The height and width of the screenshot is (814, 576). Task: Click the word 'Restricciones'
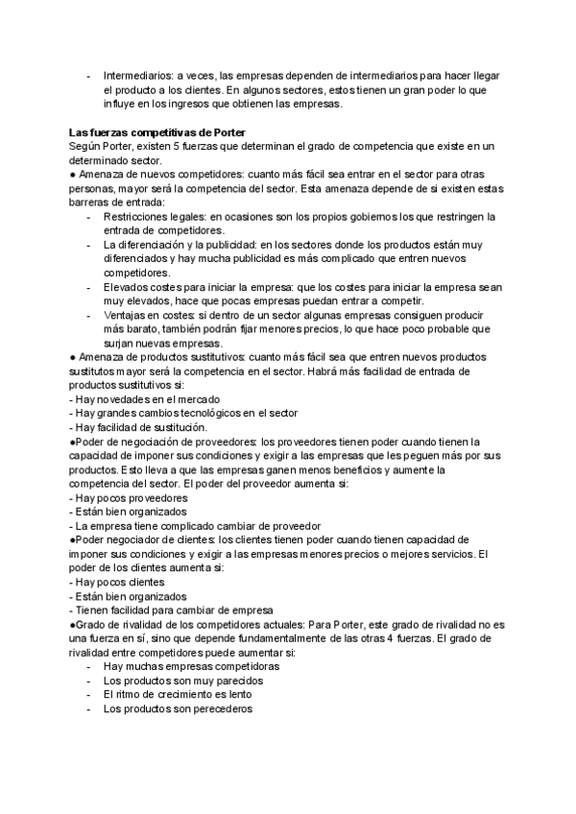pos(140,216)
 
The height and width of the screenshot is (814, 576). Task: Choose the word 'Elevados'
pos(128,287)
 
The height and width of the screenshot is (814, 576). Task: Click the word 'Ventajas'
pos(128,316)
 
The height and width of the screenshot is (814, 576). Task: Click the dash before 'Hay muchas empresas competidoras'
pos(88,667)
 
